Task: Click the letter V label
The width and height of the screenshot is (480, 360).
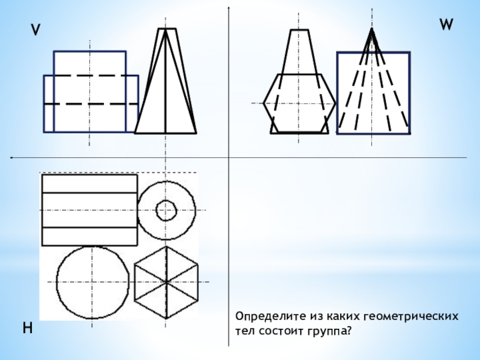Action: [36, 30]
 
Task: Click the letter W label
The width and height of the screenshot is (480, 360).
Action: [446, 25]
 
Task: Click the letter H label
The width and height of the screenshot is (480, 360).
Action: [28, 328]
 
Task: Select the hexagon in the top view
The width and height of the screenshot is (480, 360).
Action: [134, 281]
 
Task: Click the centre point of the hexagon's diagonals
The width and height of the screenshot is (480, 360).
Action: [166, 282]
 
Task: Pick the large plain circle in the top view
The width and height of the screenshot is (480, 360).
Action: [56, 282]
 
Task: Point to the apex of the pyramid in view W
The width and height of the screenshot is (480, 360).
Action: [372, 29]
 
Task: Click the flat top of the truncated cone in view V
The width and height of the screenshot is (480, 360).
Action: [167, 29]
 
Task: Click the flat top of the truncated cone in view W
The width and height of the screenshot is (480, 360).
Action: [299, 30]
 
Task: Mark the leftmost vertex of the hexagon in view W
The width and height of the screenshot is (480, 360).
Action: [263, 103]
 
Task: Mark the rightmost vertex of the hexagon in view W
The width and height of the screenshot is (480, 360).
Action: [336, 103]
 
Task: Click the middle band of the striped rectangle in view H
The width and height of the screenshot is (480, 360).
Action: [89, 211]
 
